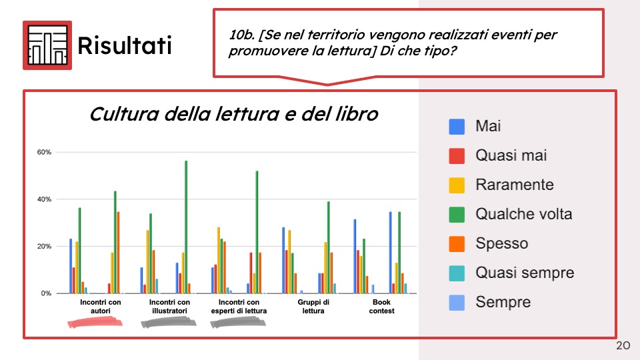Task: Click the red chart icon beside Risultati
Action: [47, 45]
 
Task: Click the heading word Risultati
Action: [125, 45]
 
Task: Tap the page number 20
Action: [623, 345]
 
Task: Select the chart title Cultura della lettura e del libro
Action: [234, 114]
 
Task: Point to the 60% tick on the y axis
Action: [44, 152]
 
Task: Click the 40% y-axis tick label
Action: [44, 199]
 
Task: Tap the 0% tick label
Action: [46, 293]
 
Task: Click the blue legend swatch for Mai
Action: [457, 127]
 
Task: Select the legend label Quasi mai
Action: [511, 155]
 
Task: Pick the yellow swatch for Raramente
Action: [457, 185]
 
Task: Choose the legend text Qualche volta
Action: [524, 214]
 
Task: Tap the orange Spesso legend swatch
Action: [457, 244]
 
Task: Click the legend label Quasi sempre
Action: [525, 273]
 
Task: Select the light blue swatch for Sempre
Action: [457, 303]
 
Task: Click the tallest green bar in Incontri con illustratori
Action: [186, 227]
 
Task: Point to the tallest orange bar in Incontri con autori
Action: [118, 252]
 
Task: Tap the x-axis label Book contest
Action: [381, 307]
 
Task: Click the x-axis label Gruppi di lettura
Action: [313, 307]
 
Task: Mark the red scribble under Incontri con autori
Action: [95, 323]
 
